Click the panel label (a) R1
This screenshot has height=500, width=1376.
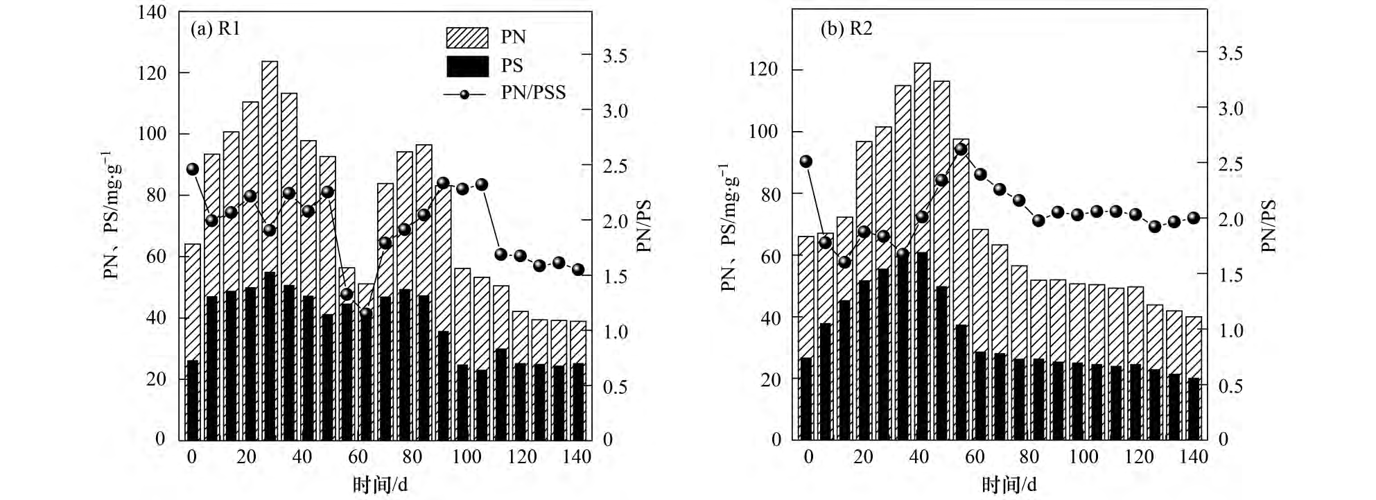[215, 29]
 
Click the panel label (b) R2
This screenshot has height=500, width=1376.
[846, 28]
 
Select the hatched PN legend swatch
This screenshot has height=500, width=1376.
[467, 37]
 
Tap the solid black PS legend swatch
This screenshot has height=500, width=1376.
[467, 66]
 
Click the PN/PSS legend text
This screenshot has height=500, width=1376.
[533, 93]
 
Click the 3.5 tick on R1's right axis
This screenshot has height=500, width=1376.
[615, 56]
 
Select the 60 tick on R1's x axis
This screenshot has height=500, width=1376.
[357, 457]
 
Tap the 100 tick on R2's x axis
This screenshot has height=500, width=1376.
[1083, 457]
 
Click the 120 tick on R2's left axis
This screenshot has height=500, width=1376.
[763, 69]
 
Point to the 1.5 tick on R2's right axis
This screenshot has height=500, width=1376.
[1231, 275]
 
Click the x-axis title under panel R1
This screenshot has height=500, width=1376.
[380, 484]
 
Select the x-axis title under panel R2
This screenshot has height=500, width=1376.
[1009, 484]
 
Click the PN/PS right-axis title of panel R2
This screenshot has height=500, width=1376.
[1269, 226]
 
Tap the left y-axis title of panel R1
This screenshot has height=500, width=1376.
[112, 215]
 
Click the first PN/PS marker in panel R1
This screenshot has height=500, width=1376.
[193, 169]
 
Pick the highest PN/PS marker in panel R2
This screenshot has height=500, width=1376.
[961, 149]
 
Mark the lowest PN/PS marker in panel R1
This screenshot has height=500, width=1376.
[366, 313]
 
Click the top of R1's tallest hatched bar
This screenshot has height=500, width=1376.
[270, 62]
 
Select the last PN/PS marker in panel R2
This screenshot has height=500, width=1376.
[1194, 218]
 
